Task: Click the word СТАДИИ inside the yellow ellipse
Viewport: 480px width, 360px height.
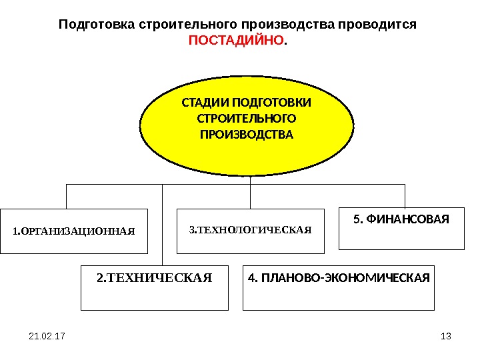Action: tap(205, 103)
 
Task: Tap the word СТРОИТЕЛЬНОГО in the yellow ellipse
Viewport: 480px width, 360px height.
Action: tap(247, 119)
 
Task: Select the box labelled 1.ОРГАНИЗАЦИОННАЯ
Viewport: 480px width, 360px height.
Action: tap(73, 231)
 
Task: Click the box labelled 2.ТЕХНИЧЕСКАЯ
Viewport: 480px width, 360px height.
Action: tap(155, 289)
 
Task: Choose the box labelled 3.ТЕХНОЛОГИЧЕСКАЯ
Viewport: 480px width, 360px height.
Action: tap(250, 231)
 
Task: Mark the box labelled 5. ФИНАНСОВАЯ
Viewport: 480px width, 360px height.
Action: tap(401, 229)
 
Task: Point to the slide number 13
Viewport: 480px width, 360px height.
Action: tap(446, 336)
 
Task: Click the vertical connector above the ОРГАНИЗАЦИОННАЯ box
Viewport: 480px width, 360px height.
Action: tap(67, 197)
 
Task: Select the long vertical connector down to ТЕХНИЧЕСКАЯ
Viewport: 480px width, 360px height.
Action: tap(163, 227)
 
